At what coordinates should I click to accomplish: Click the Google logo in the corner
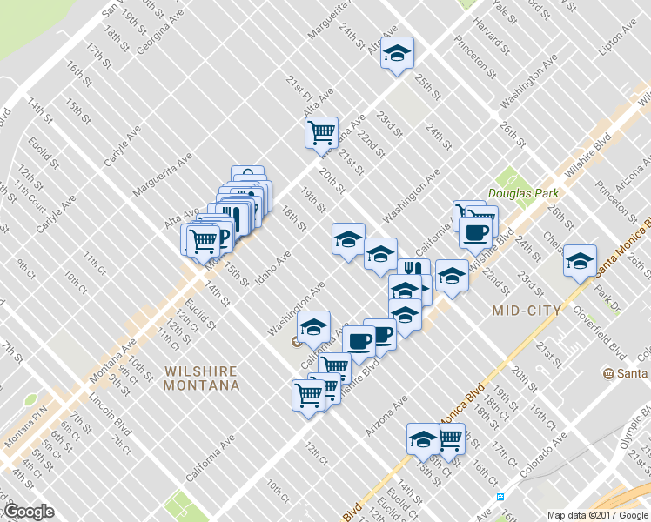point(30,512)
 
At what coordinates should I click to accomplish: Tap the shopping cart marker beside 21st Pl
point(321,132)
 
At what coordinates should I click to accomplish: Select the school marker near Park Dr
point(580,261)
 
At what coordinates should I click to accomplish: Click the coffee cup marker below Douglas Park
point(475,233)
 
